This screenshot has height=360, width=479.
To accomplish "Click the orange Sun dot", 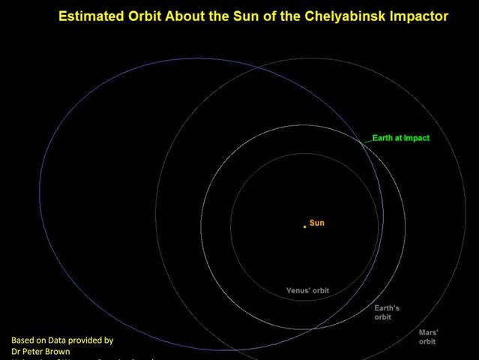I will [305, 226].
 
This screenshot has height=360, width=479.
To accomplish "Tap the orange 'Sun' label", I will [317, 223].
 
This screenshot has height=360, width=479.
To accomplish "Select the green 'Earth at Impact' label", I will [401, 138].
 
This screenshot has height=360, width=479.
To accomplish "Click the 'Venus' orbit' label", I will [307, 290].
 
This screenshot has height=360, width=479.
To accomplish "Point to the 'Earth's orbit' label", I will [387, 313].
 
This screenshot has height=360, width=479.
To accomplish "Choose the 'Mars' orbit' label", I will [428, 336].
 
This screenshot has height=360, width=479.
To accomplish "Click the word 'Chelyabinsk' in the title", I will [325, 16].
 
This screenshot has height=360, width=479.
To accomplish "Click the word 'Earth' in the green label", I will [383, 138].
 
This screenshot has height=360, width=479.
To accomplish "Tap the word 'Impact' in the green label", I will [417, 138].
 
